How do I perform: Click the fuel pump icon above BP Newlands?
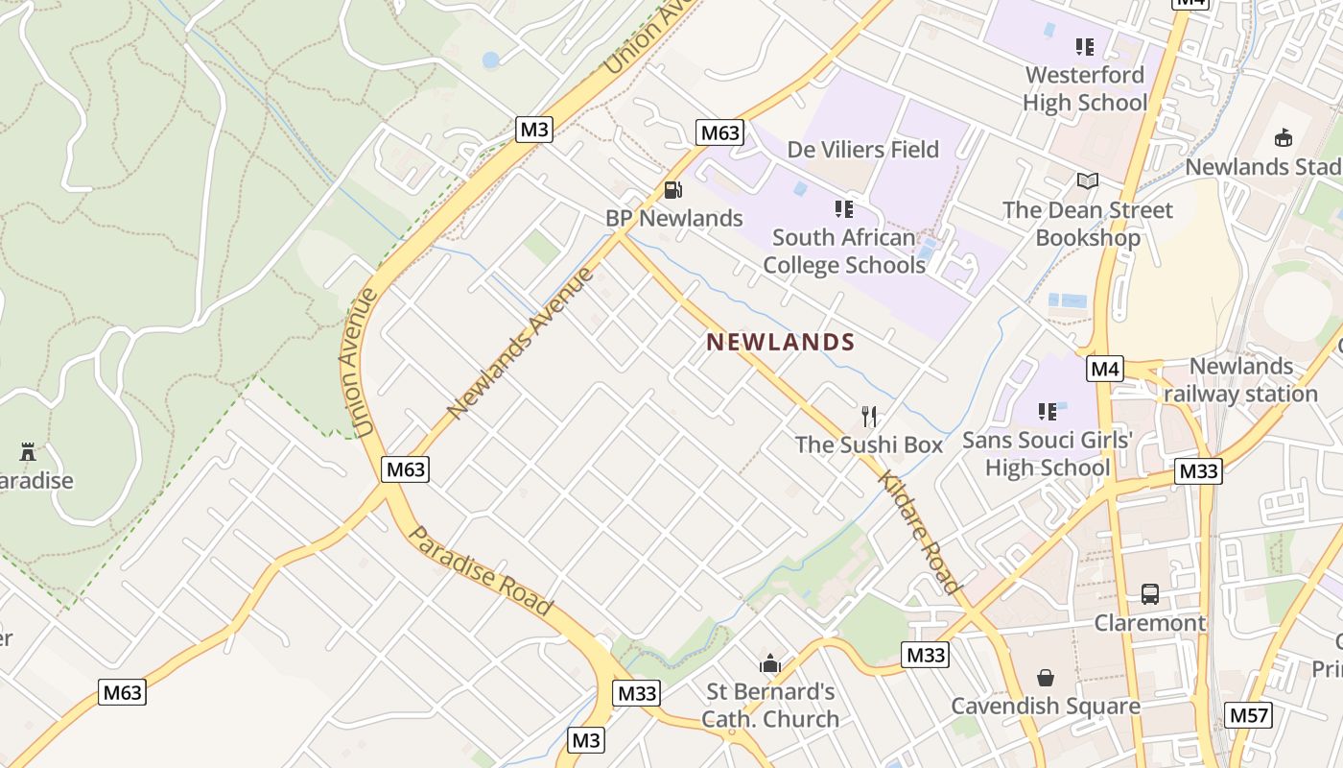pos(673,190)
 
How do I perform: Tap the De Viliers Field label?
pos(862,149)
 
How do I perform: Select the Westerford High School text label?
pos(1085,88)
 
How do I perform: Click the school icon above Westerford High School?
pos(1085,46)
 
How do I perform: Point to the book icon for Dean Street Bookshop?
pos(1087,181)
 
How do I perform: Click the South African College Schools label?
pos(844,251)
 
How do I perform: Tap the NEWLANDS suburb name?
pos(780,342)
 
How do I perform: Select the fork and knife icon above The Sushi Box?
pos(869,416)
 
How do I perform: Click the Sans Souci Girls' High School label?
pos(1048,453)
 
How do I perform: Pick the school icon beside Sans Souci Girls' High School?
pos(1048,412)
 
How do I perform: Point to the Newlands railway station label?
pos(1241,380)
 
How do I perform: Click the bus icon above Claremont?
pos(1150,594)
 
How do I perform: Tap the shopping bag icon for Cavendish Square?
pos(1046,678)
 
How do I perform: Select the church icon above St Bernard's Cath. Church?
pos(770,663)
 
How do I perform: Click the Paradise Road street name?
pos(481,571)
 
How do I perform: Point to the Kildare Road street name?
pos(919,533)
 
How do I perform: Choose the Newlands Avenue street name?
pos(521,344)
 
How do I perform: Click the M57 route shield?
pos(1249,714)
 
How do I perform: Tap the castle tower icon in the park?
pos(28,451)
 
